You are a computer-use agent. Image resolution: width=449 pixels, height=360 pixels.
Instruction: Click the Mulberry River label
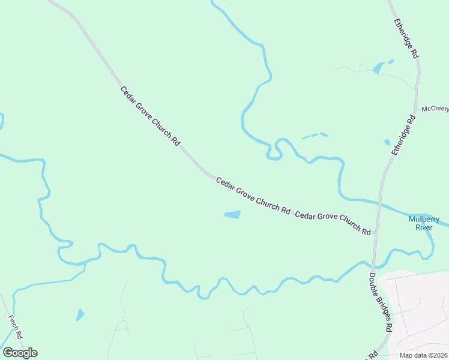pyautogui.click(x=424, y=223)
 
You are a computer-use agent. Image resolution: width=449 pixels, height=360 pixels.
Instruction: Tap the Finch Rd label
pyautogui.click(x=16, y=327)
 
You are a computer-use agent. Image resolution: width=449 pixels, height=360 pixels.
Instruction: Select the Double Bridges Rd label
pyautogui.click(x=381, y=303)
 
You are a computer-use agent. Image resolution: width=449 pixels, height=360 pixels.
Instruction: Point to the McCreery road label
pyautogui.click(x=435, y=109)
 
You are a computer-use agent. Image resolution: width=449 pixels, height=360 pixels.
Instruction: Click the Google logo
pyautogui.click(x=20, y=353)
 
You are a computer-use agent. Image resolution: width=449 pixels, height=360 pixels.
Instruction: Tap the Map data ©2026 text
pyautogui.click(x=424, y=355)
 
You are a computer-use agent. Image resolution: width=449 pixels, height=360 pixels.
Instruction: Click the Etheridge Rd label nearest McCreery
pyautogui.click(x=403, y=136)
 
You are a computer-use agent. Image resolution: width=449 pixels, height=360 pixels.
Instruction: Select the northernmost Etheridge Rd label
pyautogui.click(x=406, y=37)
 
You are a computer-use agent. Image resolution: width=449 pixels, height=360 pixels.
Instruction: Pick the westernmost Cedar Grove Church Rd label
pyautogui.click(x=150, y=116)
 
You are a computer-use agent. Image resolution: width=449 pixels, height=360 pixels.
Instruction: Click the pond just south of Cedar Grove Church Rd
pyautogui.click(x=232, y=214)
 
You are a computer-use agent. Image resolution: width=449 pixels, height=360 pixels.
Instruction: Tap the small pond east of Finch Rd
pyautogui.click(x=80, y=315)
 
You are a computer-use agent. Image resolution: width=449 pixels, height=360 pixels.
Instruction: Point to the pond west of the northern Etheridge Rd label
pyautogui.click(x=378, y=68)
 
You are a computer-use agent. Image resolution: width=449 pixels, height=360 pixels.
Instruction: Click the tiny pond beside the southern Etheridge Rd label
pyautogui.click(x=387, y=143)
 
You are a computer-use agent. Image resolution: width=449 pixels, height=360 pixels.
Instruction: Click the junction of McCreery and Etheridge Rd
pyautogui.click(x=414, y=112)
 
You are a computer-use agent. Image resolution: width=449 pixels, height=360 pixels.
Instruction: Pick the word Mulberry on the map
pyautogui.click(x=424, y=219)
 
